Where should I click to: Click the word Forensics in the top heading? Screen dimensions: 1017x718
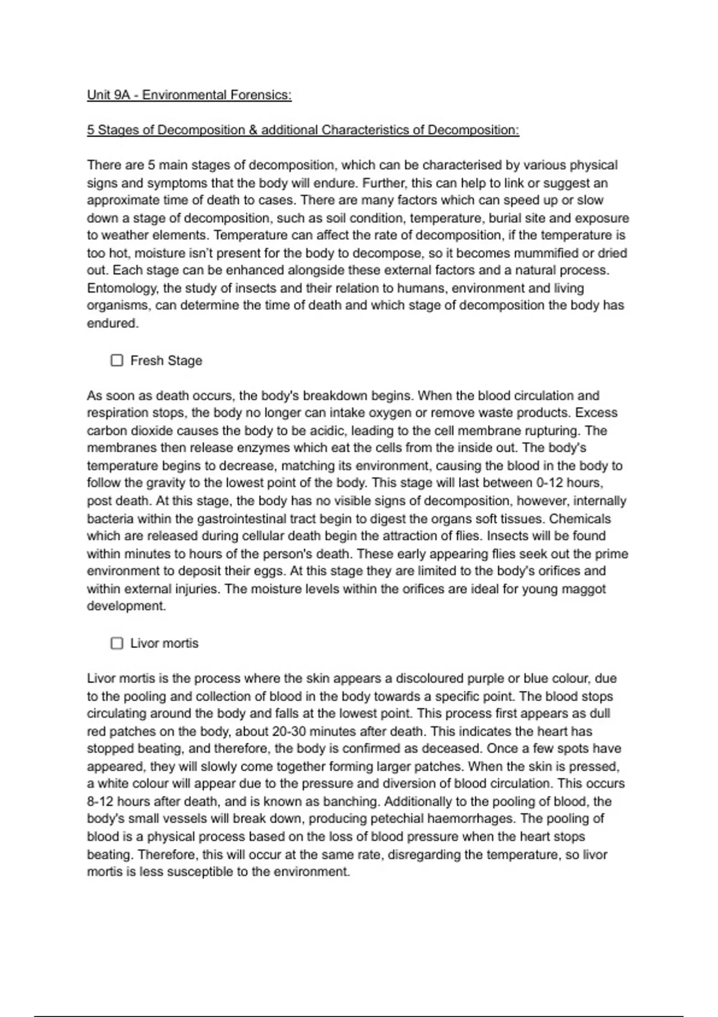[261, 95]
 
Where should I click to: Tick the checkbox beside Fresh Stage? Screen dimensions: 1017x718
[117, 360]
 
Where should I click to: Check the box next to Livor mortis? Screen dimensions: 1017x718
[117, 643]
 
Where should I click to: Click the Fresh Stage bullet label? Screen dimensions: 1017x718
[166, 361]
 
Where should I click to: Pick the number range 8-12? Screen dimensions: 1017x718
[101, 801]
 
